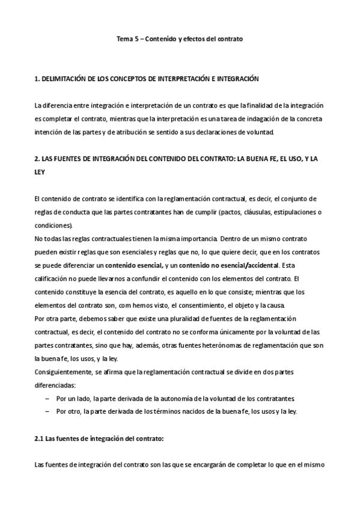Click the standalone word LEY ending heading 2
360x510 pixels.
coord(40,171)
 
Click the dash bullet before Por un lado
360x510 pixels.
coord(48,398)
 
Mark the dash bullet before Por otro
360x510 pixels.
coord(48,411)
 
